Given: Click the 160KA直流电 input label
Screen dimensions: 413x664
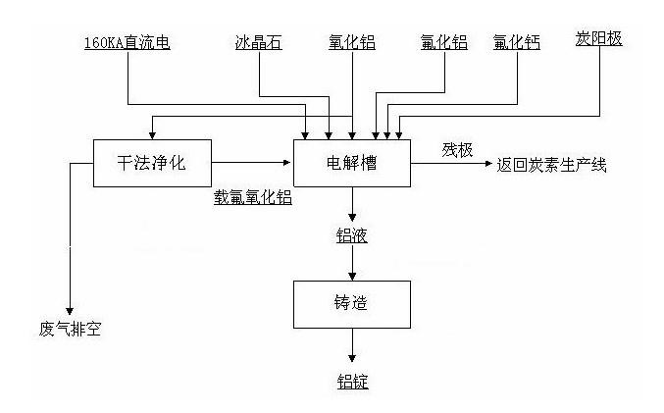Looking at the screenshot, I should pyautogui.click(x=127, y=43).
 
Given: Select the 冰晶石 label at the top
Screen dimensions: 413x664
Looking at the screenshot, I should pyautogui.click(x=259, y=43).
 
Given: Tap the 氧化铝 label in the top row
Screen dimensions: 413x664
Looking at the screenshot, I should pyautogui.click(x=351, y=43).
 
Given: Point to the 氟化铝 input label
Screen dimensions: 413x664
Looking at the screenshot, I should pyautogui.click(x=444, y=43).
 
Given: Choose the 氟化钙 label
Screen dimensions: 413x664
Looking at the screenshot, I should pyautogui.click(x=517, y=43).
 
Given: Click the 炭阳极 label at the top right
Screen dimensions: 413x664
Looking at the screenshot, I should pyautogui.click(x=598, y=40).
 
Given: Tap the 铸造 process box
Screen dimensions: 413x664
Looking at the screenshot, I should pyautogui.click(x=352, y=304).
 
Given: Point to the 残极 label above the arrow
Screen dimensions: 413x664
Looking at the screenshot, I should pyautogui.click(x=457, y=150).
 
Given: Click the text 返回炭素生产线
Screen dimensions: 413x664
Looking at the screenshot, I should pyautogui.click(x=553, y=165).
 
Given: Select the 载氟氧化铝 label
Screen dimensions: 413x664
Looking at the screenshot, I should pyautogui.click(x=253, y=196).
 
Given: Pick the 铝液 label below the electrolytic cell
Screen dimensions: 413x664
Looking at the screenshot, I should pyautogui.click(x=352, y=235).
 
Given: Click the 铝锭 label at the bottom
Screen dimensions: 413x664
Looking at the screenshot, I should pyautogui.click(x=352, y=382).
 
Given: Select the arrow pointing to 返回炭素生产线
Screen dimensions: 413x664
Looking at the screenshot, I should pyautogui.click(x=452, y=164).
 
